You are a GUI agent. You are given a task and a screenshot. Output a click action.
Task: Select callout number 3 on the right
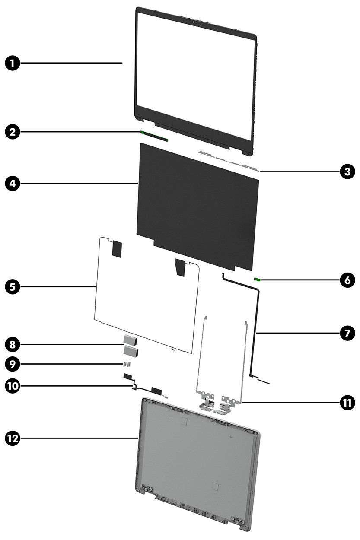[x=347, y=172]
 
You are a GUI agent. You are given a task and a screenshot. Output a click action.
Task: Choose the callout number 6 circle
[x=347, y=280]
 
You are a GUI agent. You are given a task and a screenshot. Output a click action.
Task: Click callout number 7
[x=347, y=333]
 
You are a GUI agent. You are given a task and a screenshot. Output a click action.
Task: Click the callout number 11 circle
[x=347, y=403]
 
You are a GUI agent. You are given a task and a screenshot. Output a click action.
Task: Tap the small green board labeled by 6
[x=258, y=280]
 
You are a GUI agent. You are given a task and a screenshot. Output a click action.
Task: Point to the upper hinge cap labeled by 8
[x=130, y=340]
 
